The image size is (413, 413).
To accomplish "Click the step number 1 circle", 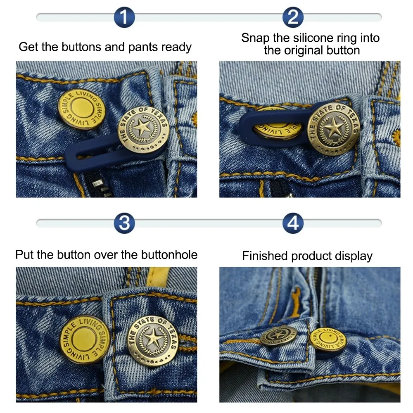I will [124, 17].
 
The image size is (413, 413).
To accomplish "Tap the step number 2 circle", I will [293, 17].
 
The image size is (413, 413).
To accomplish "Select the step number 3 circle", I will [124, 223].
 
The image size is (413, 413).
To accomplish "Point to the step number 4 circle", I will [293, 223].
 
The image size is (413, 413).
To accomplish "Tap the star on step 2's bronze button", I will [333, 127].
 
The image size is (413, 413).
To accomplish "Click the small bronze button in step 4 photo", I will [278, 337].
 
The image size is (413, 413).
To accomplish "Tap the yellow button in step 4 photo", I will [328, 339].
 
